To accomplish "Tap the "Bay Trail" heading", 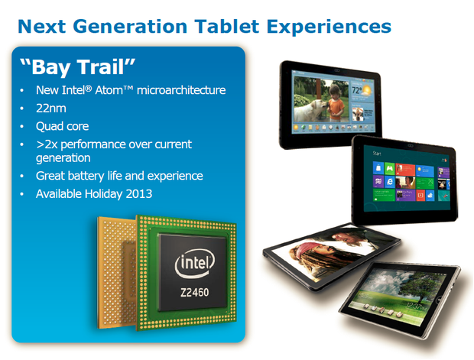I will [78, 66].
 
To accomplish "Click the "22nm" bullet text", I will [52, 109].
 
